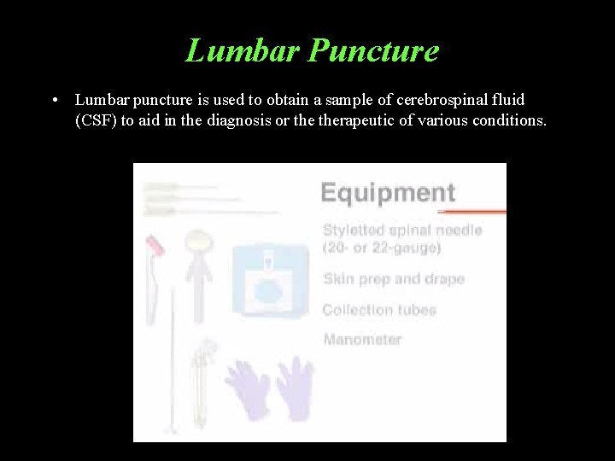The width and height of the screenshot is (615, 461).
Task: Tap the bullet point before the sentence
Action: (x=55, y=101)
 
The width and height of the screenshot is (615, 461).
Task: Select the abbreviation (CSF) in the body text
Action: (x=95, y=120)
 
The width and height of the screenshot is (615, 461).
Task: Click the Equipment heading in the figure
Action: (x=387, y=191)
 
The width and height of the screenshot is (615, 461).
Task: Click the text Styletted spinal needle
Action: (x=402, y=230)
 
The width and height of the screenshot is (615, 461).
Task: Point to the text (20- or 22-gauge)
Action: (x=382, y=248)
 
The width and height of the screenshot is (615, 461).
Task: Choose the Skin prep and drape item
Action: (x=394, y=279)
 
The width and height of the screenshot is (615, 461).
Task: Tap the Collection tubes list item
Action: (x=379, y=309)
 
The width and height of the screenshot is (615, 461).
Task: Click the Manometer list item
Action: (x=362, y=339)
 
